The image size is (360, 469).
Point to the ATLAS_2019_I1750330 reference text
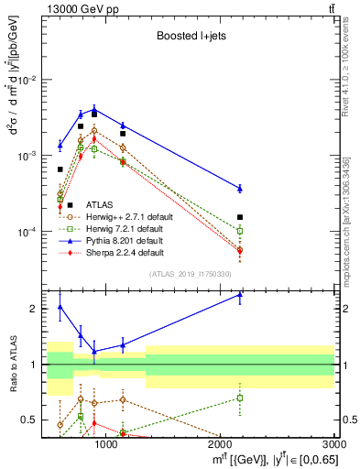(x=190, y=274)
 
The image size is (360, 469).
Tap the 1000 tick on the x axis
(x=106, y=445)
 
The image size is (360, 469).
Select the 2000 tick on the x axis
(x=221, y=445)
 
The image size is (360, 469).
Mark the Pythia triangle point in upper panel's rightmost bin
(x=240, y=188)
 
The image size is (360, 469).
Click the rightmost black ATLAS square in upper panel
(x=240, y=217)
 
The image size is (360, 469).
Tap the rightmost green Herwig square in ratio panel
(x=240, y=398)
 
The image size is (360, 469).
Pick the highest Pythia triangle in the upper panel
(x=93, y=110)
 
